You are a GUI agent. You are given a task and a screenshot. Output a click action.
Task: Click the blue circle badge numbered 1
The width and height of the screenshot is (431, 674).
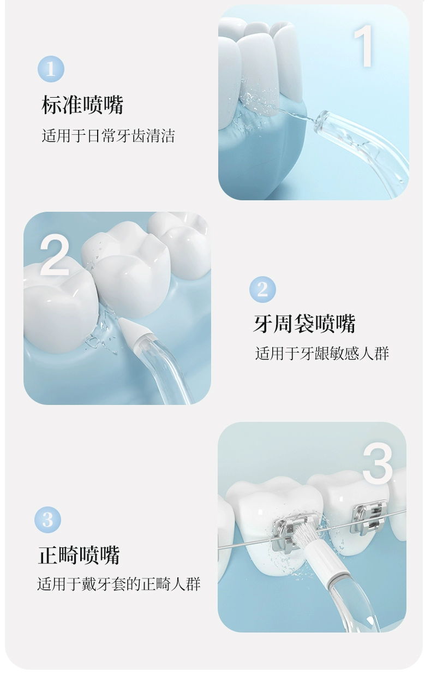51,69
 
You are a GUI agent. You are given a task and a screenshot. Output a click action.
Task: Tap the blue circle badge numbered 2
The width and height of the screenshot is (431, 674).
262,290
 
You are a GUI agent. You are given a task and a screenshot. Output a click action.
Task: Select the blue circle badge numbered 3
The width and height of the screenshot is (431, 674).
48,520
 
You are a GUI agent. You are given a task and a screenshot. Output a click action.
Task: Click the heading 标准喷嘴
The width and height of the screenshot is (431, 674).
82,105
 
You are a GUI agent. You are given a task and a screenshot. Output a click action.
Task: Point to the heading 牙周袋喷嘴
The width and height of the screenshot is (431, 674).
304,324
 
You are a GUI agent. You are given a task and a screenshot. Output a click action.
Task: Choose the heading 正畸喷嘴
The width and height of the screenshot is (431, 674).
79,554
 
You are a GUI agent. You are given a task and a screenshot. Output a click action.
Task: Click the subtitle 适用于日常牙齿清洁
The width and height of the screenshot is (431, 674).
108,136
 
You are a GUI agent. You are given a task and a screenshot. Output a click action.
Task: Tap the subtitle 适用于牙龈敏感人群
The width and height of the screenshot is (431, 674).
322,353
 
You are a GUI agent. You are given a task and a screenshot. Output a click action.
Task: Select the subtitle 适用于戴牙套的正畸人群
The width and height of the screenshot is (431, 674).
119,584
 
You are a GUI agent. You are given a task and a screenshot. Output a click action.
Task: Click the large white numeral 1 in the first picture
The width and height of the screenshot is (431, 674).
363,46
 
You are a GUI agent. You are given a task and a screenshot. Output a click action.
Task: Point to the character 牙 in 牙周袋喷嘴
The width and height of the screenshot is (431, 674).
263,324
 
